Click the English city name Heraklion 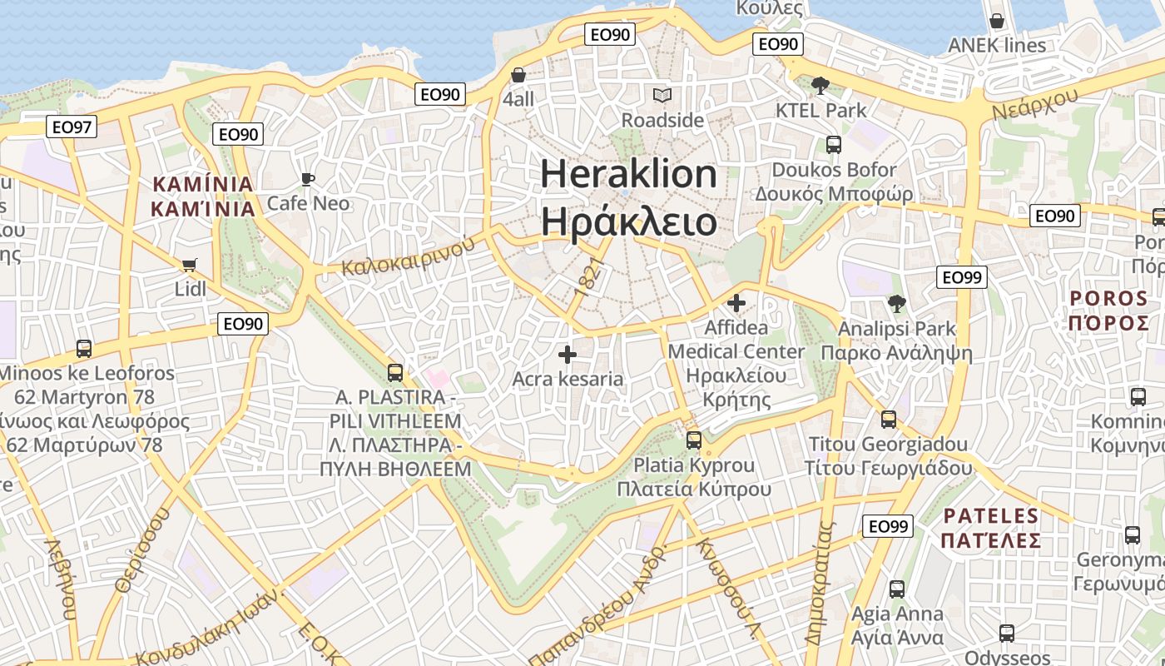click(628, 174)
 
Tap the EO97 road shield click(72, 127)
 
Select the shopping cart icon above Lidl click(190, 265)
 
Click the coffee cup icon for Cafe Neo click(307, 179)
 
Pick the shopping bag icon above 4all click(518, 75)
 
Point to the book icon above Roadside click(662, 96)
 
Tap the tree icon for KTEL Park click(820, 85)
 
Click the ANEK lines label click(996, 45)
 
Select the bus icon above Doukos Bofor click(833, 145)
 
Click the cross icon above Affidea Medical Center click(736, 303)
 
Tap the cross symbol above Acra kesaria click(568, 355)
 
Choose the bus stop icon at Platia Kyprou click(694, 440)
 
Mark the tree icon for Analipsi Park click(896, 304)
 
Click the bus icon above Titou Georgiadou click(888, 419)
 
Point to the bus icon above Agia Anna click(896, 589)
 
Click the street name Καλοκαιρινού click(408, 256)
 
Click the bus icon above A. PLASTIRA click(395, 373)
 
